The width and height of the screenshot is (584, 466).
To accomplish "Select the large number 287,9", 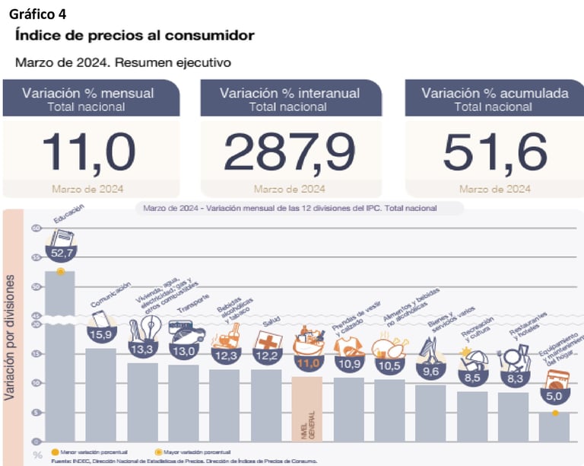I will (291, 151).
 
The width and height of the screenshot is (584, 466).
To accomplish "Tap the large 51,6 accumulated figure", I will (495, 151).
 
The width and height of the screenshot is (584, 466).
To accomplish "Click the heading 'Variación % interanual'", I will (290, 93).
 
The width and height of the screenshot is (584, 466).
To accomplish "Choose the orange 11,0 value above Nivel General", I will (308, 364).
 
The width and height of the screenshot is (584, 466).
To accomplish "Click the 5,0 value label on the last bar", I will (554, 396).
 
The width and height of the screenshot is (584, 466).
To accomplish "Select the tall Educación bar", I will (60, 358).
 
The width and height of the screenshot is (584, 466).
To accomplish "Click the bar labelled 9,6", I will (430, 412).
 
